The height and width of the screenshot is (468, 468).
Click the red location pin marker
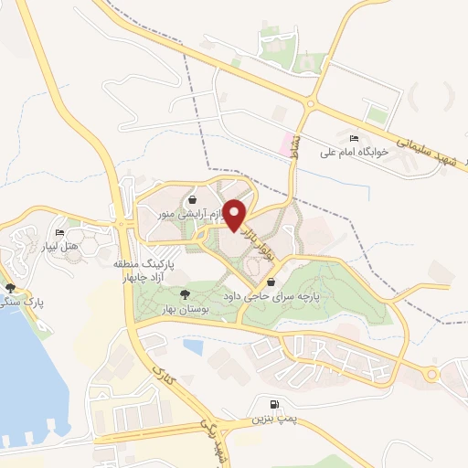click(235, 216)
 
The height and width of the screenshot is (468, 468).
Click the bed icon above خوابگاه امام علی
click(354, 138)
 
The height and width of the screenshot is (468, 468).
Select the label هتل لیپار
click(65, 246)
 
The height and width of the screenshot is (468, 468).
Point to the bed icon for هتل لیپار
click(60, 232)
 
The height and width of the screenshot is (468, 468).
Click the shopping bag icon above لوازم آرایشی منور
click(192, 199)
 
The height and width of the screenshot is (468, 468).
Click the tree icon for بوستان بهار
click(186, 293)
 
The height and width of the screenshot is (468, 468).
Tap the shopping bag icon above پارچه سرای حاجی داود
click(271, 282)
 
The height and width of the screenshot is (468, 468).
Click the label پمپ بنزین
click(274, 420)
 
